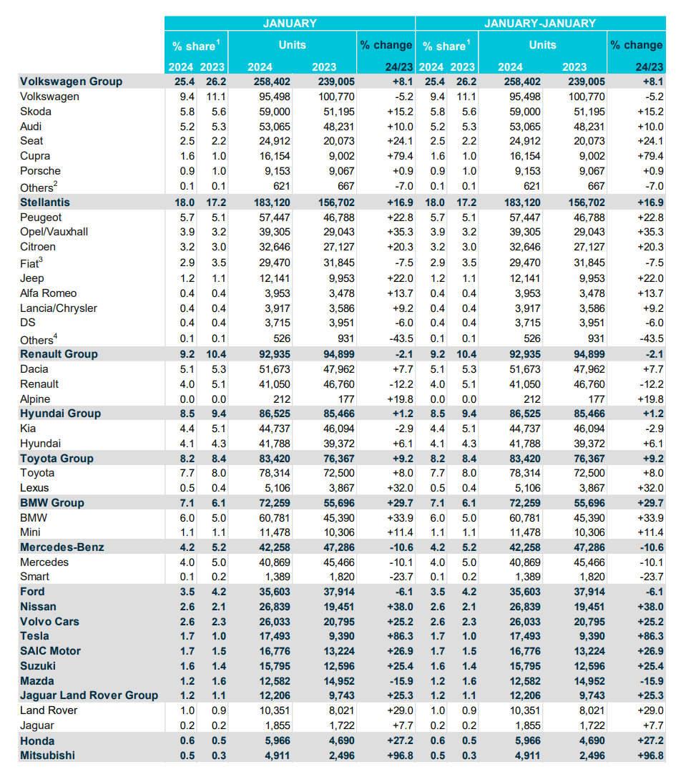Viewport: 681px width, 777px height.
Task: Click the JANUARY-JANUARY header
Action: (x=540, y=23)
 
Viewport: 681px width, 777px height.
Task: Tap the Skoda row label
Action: (x=36, y=112)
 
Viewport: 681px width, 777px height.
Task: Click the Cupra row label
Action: (x=35, y=156)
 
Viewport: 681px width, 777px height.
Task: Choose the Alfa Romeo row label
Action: (x=48, y=293)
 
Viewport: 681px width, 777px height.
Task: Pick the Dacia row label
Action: (x=34, y=369)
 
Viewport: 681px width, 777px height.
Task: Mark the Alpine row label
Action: (x=35, y=399)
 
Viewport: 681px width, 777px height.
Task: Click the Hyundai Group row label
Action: (x=60, y=414)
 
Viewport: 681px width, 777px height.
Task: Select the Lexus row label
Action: (x=35, y=488)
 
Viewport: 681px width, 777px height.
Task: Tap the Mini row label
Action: (x=31, y=532)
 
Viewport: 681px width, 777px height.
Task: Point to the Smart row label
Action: (x=35, y=577)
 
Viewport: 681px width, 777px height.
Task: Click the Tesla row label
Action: (x=34, y=636)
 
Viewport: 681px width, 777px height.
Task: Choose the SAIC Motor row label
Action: (x=50, y=651)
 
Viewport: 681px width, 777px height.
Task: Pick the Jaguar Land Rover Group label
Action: (x=89, y=695)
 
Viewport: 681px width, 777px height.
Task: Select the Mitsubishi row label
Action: (x=47, y=756)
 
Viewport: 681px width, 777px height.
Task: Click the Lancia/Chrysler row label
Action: (x=59, y=308)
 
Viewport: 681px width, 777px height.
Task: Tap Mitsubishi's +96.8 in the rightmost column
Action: (x=648, y=756)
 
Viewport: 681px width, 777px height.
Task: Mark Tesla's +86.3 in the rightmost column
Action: (x=648, y=636)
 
